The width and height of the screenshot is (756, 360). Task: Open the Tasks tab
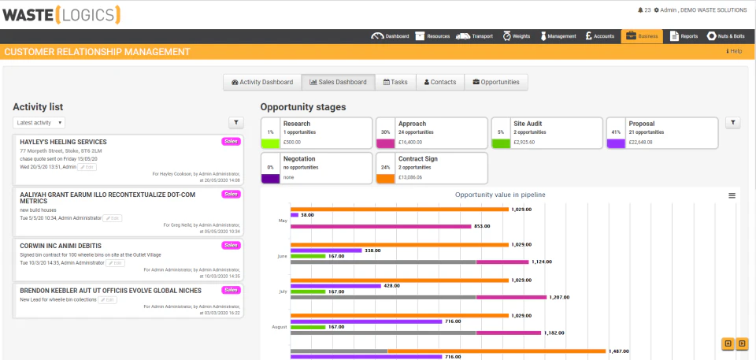point(395,82)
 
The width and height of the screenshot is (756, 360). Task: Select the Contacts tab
point(440,82)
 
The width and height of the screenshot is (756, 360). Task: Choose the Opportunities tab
point(495,82)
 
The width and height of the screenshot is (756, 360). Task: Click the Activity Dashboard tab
point(262,82)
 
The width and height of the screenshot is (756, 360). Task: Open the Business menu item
point(642,36)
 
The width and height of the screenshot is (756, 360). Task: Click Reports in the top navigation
point(684,36)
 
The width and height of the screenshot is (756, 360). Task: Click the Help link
point(734,51)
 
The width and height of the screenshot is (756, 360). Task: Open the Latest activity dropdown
point(39,123)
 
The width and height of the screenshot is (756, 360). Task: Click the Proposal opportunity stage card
point(661,133)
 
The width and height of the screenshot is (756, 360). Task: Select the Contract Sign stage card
point(431,168)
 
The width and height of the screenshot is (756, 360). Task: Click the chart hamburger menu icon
point(732,195)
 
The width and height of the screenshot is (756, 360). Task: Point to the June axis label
point(282,256)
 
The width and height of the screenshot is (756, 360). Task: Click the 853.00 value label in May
point(483,226)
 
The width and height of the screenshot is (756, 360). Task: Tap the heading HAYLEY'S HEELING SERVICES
point(63,142)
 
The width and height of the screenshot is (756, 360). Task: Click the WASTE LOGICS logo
point(62,13)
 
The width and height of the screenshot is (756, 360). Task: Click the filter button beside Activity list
point(235,123)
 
